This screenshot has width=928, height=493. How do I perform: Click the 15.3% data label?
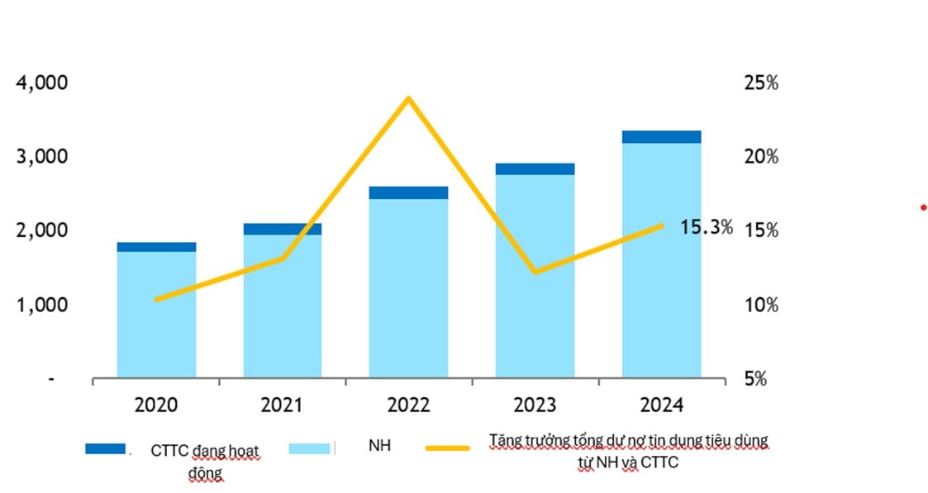pos(706,227)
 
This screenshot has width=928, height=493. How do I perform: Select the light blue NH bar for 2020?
pos(156,314)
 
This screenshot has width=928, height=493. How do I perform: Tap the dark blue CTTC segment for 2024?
pos(661,136)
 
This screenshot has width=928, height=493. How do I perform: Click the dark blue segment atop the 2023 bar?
pos(535,168)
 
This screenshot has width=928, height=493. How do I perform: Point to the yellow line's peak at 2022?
pos(408,98)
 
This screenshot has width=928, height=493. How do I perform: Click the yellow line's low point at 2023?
pos(535,271)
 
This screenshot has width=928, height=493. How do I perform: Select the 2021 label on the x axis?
pos(282,405)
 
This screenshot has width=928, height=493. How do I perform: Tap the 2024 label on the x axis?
pos(661,405)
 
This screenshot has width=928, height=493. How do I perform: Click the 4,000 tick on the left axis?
pos(41,83)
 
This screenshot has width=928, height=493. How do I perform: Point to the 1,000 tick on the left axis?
pos(41,305)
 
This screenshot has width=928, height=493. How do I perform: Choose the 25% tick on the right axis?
pos(760,83)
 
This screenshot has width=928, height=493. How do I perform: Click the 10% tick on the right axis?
pos(760,305)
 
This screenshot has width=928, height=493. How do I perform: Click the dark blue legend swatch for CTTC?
pos(106,448)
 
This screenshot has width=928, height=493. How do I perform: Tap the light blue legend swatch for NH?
pos(310,448)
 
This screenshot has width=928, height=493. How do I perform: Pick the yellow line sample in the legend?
pos(447,448)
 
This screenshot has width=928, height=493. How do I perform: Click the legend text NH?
pos(379,446)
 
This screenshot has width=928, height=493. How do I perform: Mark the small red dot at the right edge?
pos(923,207)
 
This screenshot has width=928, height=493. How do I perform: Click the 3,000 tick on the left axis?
pos(41,156)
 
